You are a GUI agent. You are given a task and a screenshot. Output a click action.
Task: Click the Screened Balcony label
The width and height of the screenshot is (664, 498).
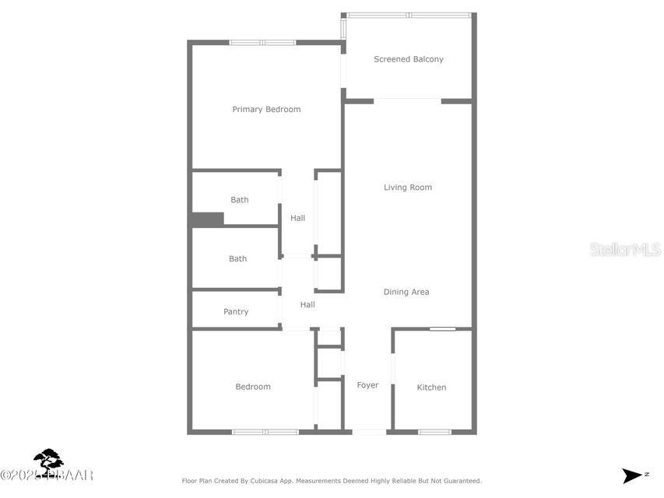[x=408, y=59]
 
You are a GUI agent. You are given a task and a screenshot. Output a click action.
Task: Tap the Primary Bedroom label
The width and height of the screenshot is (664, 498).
[x=266, y=110]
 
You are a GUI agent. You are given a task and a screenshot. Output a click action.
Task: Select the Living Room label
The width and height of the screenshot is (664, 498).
[x=407, y=188]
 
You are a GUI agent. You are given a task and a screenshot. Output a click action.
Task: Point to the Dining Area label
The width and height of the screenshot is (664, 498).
[x=406, y=293]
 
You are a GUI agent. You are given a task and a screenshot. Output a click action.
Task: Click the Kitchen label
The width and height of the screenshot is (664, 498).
[x=431, y=388]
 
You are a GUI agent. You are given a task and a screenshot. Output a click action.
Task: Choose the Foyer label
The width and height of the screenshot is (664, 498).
[x=367, y=385]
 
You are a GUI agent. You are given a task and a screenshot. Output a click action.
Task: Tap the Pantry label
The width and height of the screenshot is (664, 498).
[x=236, y=312]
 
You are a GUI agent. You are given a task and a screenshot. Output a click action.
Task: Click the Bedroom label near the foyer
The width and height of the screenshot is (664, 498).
[x=253, y=387]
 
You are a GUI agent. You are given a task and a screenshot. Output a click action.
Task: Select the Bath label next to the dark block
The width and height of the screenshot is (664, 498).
[x=239, y=200]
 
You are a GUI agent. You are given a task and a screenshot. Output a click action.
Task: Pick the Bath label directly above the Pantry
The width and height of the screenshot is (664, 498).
[x=237, y=259]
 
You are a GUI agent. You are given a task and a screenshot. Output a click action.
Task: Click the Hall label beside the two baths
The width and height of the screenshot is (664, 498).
[x=297, y=219]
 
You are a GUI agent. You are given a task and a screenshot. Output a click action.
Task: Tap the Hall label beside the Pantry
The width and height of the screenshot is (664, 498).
[x=307, y=305]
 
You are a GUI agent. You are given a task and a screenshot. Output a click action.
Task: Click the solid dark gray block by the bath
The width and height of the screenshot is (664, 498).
[x=207, y=219]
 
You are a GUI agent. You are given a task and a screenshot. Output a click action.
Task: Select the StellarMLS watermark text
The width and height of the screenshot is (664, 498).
[x=625, y=250]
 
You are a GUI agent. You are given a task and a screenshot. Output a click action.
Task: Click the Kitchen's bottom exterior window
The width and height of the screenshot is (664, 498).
[x=434, y=432]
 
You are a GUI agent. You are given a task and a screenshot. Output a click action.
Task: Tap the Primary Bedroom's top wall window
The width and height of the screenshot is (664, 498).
[x=262, y=42]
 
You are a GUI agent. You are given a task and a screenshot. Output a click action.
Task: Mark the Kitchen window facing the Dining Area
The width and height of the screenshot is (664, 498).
[x=443, y=329]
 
